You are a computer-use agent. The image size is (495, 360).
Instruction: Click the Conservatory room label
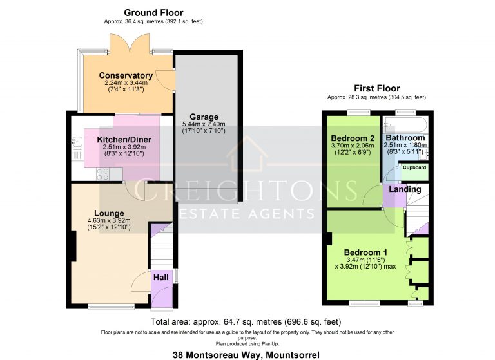[x=126, y=75]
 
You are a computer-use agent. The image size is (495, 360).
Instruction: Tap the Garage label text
[x=204, y=117]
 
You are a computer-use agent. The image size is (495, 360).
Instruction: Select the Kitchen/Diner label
[x=124, y=140]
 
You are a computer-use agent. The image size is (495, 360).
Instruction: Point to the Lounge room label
[x=109, y=213]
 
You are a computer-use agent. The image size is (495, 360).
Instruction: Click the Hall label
[x=161, y=278]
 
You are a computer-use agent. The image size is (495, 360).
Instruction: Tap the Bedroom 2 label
[x=353, y=138]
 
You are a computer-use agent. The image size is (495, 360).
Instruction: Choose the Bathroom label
[x=405, y=138]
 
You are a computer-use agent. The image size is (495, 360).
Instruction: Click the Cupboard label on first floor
[x=414, y=167]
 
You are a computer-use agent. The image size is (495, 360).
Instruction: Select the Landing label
[x=405, y=189]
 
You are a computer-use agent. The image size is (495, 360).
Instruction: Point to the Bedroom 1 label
[x=365, y=252]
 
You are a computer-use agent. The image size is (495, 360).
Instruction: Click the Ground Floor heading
[x=153, y=13]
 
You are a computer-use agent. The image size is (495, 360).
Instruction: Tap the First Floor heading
[x=377, y=88]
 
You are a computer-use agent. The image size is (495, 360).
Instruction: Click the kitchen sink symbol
[x=77, y=143]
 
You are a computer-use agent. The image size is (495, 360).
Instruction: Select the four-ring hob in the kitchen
[x=103, y=174]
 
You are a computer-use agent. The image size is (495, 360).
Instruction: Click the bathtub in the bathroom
[x=405, y=124]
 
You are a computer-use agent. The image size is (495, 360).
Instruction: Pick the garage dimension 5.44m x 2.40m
[x=204, y=124]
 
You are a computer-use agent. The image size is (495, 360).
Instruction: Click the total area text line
[x=246, y=322]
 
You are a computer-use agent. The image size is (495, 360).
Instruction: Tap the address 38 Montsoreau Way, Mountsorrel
[x=246, y=355]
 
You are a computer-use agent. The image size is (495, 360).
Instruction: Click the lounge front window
[x=111, y=306]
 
